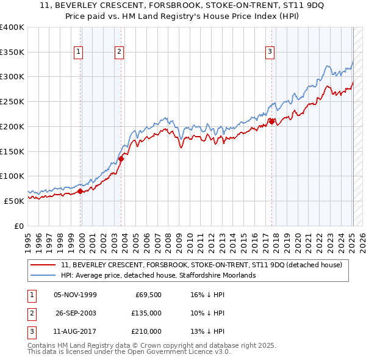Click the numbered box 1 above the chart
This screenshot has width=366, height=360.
[x=79, y=52]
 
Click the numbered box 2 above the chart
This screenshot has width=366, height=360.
[x=119, y=52]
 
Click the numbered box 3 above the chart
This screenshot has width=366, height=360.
[x=269, y=52]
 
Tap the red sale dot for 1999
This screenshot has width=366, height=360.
[x=81, y=191]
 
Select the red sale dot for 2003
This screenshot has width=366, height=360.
[x=121, y=159]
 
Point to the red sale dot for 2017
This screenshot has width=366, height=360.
[x=271, y=121]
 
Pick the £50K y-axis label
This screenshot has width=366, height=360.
[x=14, y=201]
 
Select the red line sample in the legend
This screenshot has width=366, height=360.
[x=43, y=265]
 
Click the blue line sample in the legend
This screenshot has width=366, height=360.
[x=43, y=275]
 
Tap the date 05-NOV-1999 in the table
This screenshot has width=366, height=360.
[x=75, y=295]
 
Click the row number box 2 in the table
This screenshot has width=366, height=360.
[x=30, y=313]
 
